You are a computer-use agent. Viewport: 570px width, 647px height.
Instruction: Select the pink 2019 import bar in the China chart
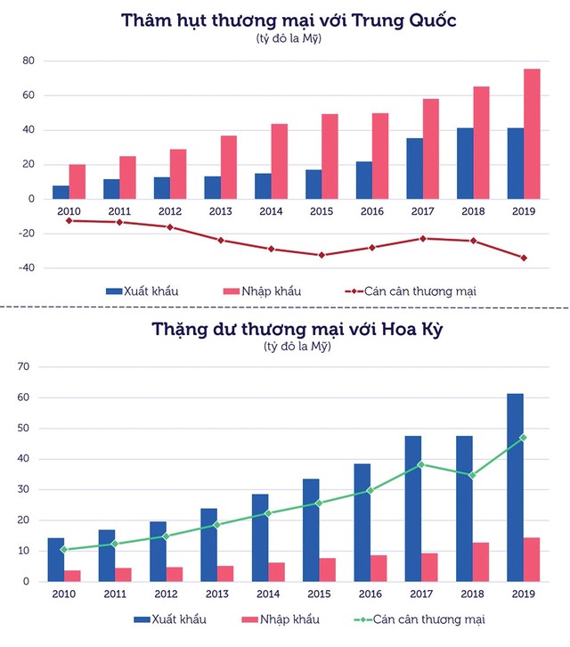coord(532,134)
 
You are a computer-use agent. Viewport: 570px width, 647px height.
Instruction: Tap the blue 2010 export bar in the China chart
coord(61,192)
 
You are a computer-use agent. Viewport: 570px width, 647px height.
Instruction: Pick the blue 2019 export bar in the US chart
coord(515,487)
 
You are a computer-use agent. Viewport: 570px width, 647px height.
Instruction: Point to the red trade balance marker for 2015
coord(322,255)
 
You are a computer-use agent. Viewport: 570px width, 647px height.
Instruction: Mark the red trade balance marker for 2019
coord(524,258)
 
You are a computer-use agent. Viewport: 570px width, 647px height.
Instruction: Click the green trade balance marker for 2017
coord(421,464)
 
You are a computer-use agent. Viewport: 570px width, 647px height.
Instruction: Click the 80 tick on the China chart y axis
coord(28,61)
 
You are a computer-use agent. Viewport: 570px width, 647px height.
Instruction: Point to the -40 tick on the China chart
coord(26,267)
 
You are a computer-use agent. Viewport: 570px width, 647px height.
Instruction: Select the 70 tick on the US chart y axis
coord(25,367)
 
